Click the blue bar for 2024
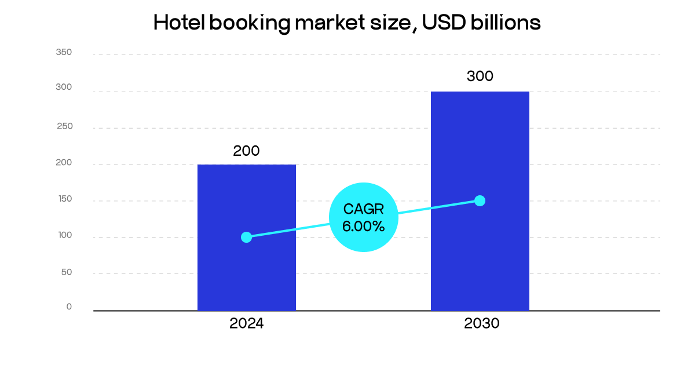tap(246, 272)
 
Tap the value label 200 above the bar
tap(246, 151)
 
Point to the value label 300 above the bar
tap(480, 76)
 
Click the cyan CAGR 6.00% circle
tap(364, 217)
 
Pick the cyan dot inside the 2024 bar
tap(246, 237)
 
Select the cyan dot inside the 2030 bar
tap(480, 200)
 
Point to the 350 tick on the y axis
tap(64, 52)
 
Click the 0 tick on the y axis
tap(69, 306)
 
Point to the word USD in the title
tap(438, 22)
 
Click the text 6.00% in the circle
tap(363, 227)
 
